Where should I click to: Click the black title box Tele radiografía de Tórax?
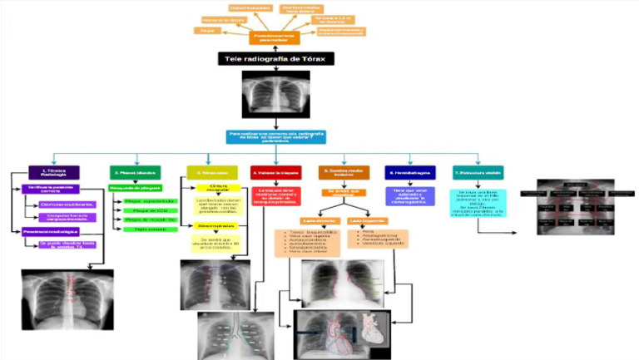click(276, 59)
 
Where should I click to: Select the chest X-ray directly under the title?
click(275, 93)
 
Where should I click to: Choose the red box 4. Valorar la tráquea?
click(275, 172)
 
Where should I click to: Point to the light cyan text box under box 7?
click(483, 203)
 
